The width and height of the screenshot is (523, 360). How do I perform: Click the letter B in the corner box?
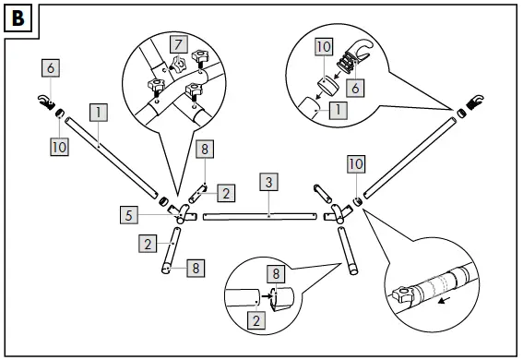pyautogui.click(x=18, y=18)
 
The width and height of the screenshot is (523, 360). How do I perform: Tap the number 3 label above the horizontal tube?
pyautogui.click(x=268, y=181)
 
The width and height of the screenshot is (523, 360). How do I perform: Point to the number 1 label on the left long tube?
pyautogui.click(x=99, y=114)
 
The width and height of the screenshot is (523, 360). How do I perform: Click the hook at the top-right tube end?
pyautogui.click(x=476, y=101)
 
